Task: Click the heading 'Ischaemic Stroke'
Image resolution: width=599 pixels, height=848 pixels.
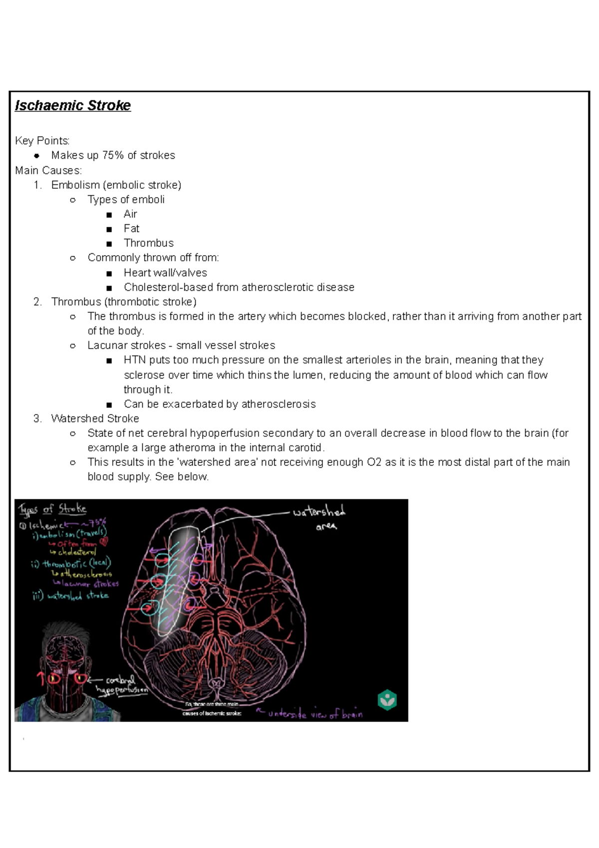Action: click(x=73, y=105)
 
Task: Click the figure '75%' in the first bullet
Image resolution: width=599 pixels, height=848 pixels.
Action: click(x=113, y=155)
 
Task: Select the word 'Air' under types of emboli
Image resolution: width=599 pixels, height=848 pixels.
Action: click(x=130, y=214)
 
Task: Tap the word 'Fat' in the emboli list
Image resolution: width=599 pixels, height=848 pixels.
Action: click(x=131, y=228)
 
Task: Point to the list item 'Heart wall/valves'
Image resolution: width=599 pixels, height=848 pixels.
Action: click(x=165, y=273)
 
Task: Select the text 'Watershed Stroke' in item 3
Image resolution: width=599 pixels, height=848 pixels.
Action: click(x=95, y=419)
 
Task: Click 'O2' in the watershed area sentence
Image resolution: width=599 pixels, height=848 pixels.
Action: click(x=374, y=462)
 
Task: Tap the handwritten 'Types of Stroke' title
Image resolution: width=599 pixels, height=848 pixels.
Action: click(x=53, y=509)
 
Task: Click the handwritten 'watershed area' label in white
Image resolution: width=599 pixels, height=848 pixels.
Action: click(x=319, y=517)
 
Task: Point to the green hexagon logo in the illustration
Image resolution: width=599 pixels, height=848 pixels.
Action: click(x=387, y=700)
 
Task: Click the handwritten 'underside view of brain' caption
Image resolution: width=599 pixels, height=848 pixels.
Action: click(x=315, y=714)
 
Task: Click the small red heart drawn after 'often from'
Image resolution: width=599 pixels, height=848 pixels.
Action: click(x=103, y=542)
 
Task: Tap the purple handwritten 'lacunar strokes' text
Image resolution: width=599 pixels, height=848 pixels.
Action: click(x=90, y=583)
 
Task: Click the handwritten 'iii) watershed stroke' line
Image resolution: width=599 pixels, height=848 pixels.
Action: click(x=70, y=595)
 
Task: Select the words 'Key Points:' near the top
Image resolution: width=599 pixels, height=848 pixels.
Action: click(x=42, y=141)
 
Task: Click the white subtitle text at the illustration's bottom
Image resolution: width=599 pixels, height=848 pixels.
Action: click(x=212, y=709)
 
